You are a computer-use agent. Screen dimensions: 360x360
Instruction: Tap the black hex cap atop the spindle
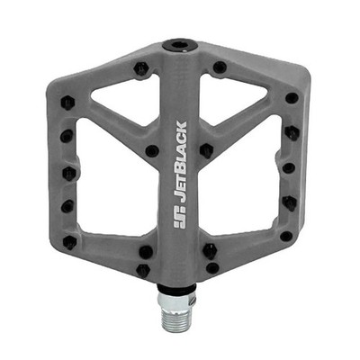pyautogui.click(x=180, y=45)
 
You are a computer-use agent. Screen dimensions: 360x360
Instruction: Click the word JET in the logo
pyautogui.click(x=180, y=192)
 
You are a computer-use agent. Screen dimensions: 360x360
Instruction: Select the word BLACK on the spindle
pyautogui.click(x=180, y=148)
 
